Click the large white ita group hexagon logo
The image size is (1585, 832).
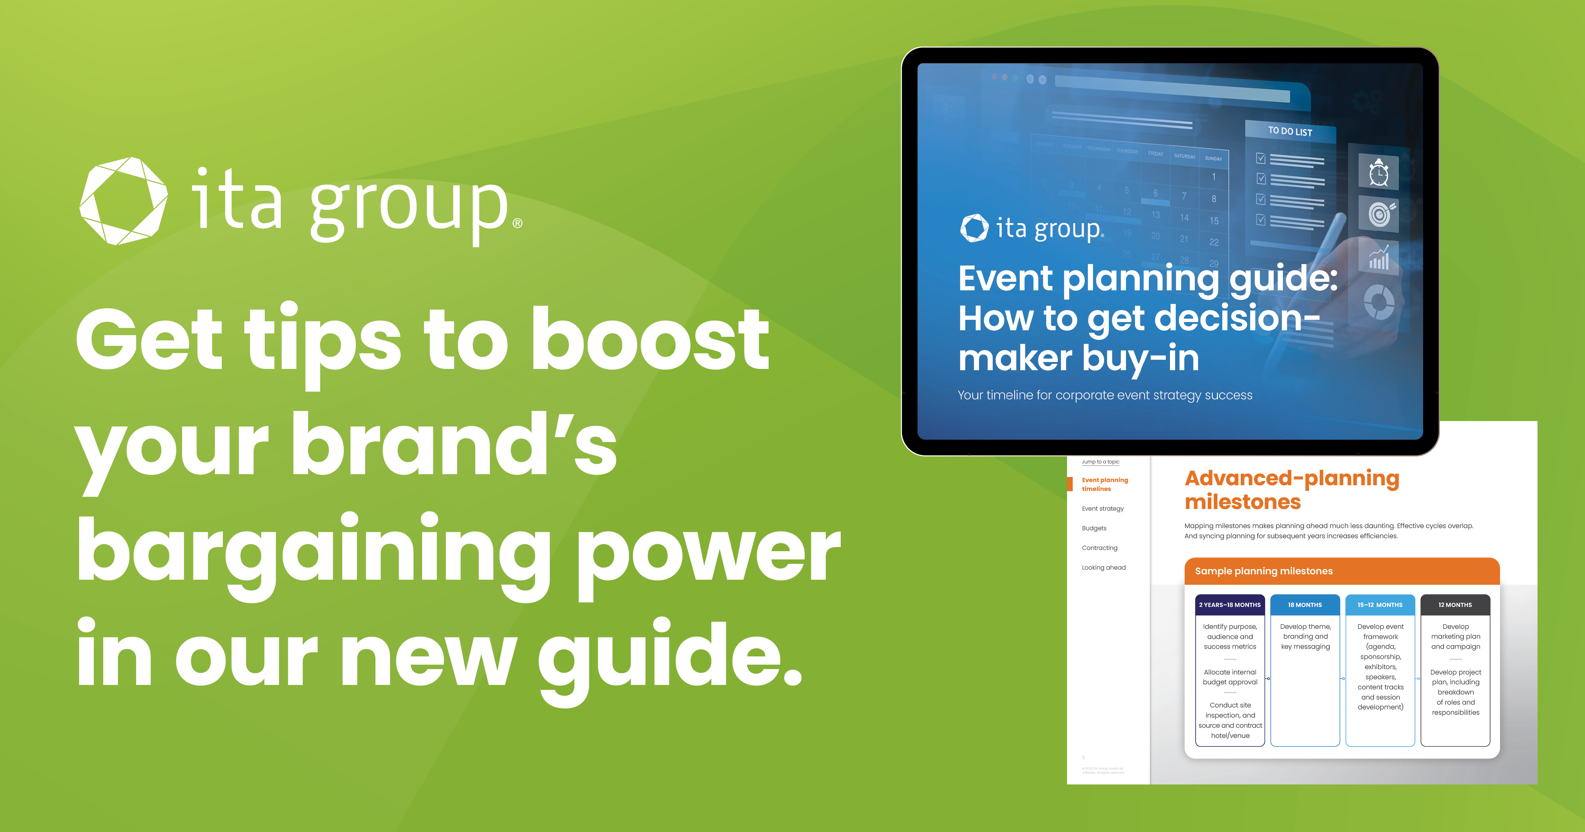(x=123, y=201)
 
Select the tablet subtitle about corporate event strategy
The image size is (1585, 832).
(x=1104, y=395)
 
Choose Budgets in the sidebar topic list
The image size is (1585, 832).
(x=1094, y=528)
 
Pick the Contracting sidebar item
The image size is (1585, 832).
(x=1100, y=548)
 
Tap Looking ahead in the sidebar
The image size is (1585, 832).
(x=1103, y=567)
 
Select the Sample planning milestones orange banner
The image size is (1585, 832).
(x=1341, y=571)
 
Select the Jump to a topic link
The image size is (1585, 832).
(x=1100, y=461)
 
